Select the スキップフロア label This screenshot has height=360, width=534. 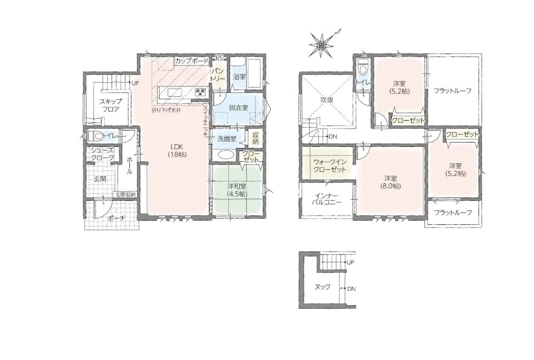(x=111, y=106)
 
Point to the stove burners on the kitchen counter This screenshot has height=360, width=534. (x=200, y=92)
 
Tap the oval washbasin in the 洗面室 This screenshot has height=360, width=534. (x=224, y=155)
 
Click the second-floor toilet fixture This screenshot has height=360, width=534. (x=363, y=68)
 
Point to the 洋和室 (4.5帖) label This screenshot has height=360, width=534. (x=238, y=190)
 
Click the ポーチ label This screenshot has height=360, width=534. (x=116, y=218)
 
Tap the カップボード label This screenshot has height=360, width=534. (x=191, y=61)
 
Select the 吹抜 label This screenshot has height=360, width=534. (x=327, y=100)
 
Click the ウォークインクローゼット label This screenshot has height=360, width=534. (x=329, y=166)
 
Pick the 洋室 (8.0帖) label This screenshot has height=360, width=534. (x=390, y=182)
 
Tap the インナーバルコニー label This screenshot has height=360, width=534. (x=326, y=199)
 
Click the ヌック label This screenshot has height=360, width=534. (x=322, y=287)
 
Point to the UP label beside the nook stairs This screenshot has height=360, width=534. (x=350, y=262)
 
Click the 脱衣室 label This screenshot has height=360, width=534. (x=238, y=108)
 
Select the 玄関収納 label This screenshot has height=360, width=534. (x=125, y=195)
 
